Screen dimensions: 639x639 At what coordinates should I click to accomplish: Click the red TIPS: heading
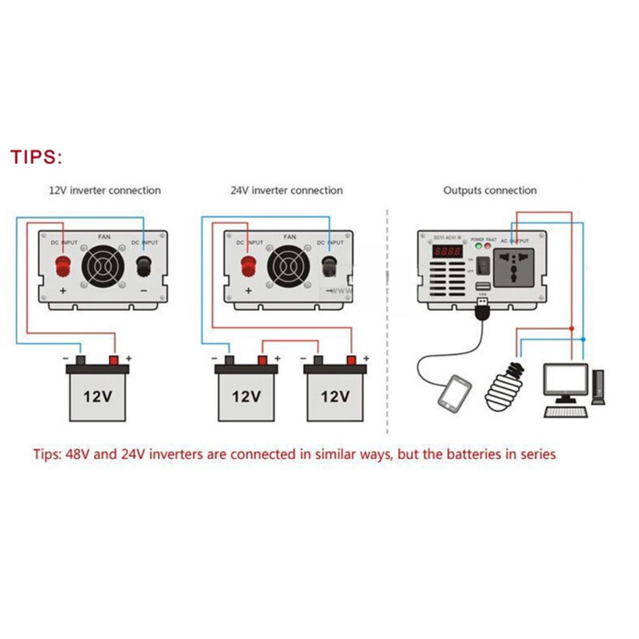[36, 157]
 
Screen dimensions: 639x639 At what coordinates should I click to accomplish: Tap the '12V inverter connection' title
[105, 190]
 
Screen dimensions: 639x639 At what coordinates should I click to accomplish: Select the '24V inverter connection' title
[286, 190]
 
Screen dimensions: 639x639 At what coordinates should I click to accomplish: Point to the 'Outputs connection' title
[490, 190]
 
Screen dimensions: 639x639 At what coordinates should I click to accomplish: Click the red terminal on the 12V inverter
[63, 266]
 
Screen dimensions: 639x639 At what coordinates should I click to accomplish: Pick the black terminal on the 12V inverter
[144, 266]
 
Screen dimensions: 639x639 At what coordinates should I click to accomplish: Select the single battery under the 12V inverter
[97, 393]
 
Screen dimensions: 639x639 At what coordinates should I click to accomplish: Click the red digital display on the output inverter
[447, 252]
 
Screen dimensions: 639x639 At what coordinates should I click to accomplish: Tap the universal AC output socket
[514, 267]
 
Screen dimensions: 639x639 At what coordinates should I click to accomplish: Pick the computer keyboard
[566, 412]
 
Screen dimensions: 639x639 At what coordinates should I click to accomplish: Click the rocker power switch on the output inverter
[482, 266]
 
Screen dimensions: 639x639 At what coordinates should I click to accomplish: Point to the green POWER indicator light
[478, 246]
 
